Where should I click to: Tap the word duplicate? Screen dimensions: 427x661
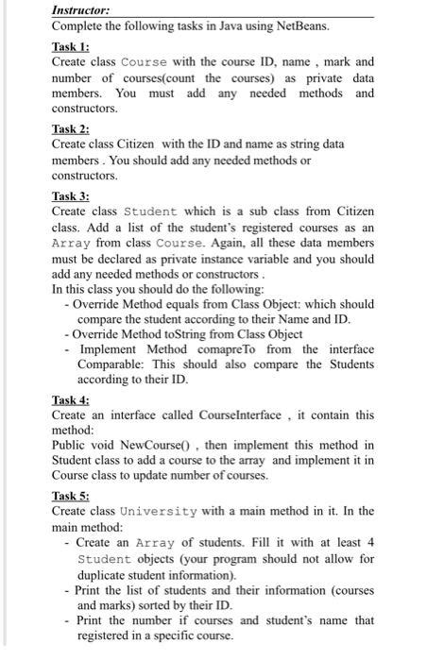[x=107, y=574]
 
